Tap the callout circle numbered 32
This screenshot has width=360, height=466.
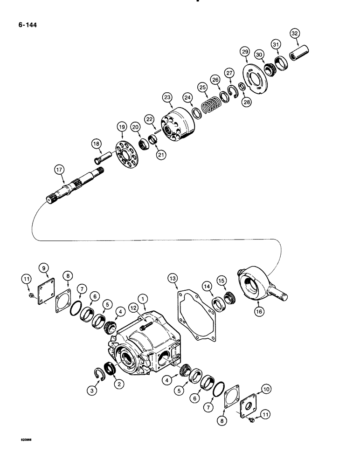point(294,34)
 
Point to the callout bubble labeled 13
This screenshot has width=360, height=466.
point(173,279)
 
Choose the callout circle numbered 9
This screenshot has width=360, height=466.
point(44,267)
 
